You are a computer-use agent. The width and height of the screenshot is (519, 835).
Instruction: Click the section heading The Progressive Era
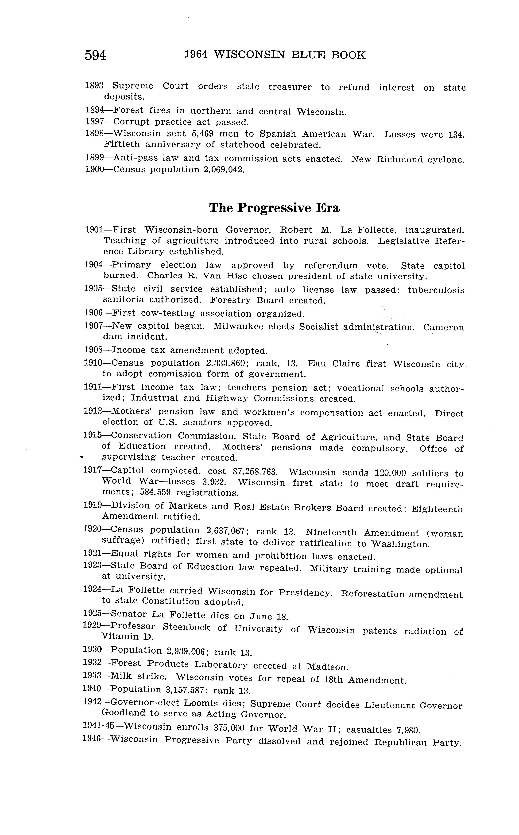point(274,208)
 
